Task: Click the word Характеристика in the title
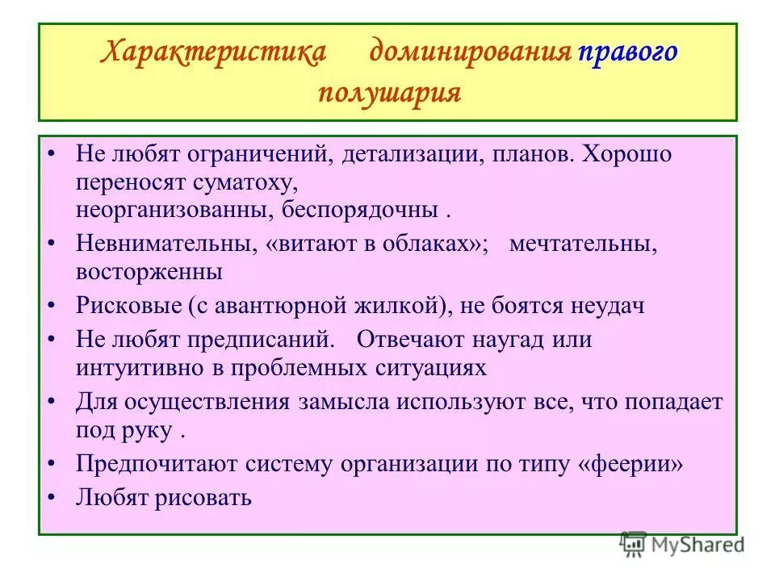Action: pyautogui.click(x=213, y=53)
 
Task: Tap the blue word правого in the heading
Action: pyautogui.click(x=626, y=53)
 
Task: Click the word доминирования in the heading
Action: pyautogui.click(x=470, y=53)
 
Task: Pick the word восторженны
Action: pyautogui.click(x=149, y=273)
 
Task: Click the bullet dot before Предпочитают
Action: pyautogui.click(x=52, y=464)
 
